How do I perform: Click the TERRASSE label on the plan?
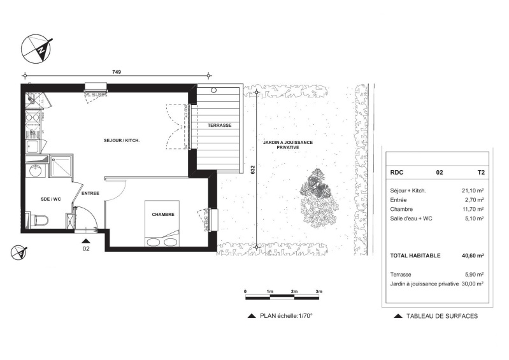pos(219,125)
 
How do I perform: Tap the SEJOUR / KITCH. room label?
pos(122,141)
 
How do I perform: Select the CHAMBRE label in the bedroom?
pos(163,214)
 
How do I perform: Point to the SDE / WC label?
pos(50,199)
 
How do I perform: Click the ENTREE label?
pos(90,193)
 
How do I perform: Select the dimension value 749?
pos(117,72)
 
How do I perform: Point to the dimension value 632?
pos(253,169)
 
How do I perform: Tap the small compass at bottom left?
pos(19,252)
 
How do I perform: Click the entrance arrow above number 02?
pos(86,241)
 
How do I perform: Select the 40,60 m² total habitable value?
pos(473,256)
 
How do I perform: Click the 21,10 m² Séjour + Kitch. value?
pos(473,191)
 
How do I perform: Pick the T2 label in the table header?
pos(481,173)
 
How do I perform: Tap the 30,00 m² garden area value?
pos(472,284)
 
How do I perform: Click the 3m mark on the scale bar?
pos(319,292)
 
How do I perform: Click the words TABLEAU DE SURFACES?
pos(442,316)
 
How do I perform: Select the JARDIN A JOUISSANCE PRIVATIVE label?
pos(288,145)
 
